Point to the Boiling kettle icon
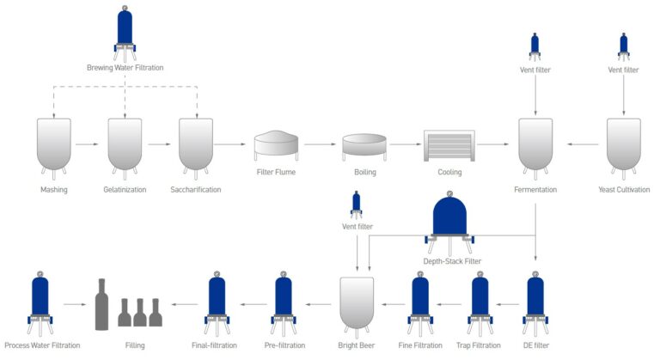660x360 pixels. click(364, 145)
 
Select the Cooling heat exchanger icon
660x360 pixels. click(449, 145)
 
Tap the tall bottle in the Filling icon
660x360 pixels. click(101, 304)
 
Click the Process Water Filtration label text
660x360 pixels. click(42, 345)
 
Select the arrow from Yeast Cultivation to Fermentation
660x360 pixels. click(580, 145)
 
